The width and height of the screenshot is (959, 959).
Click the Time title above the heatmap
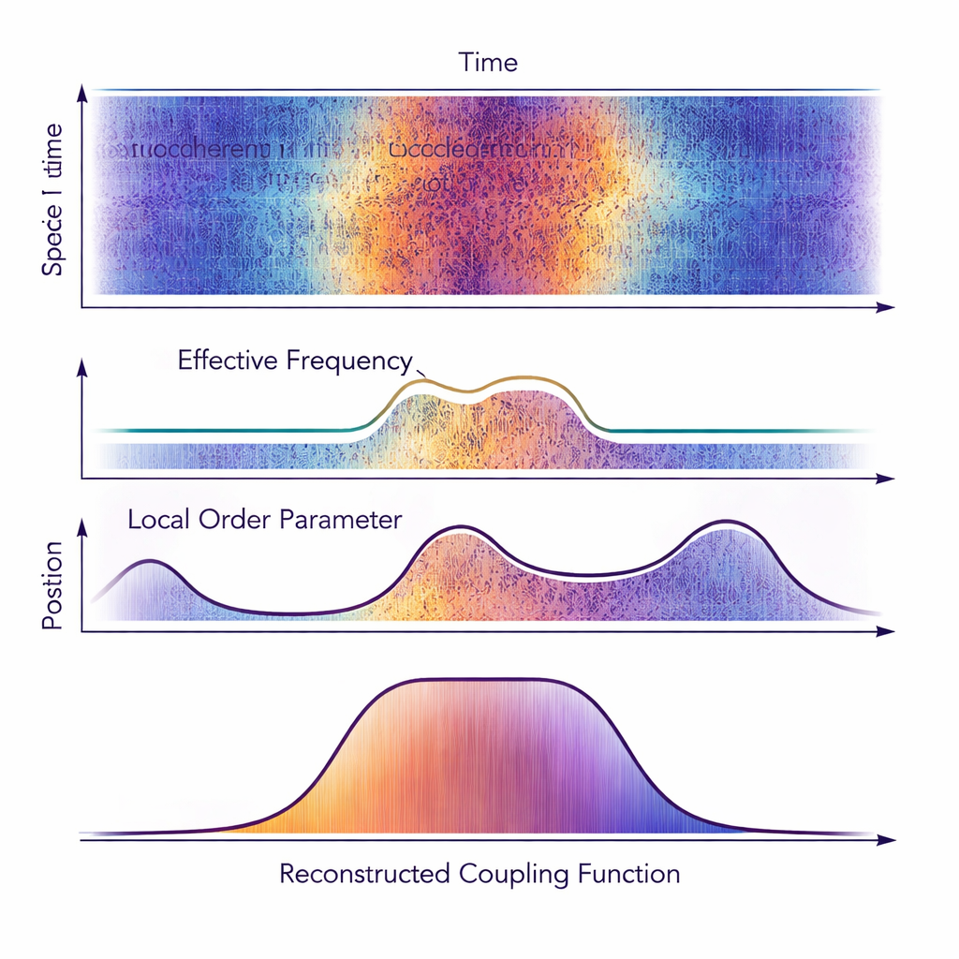488,63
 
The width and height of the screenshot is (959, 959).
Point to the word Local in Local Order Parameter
159,520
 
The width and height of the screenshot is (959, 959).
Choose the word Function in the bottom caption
627,875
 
